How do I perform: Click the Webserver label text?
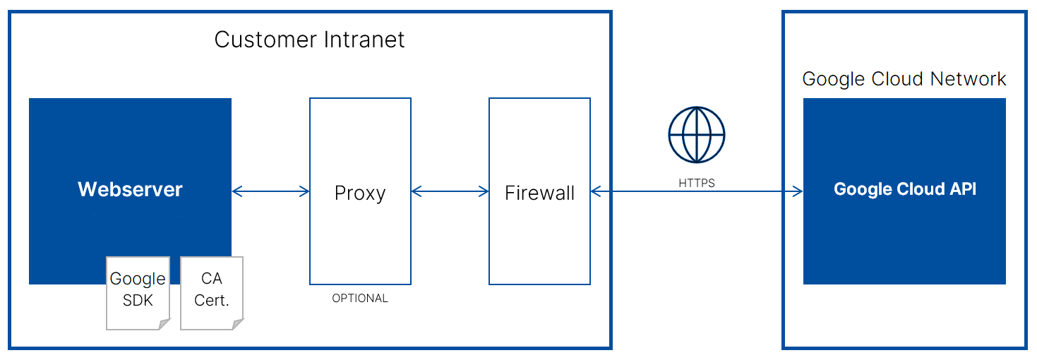[130, 190]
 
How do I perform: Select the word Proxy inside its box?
[360, 193]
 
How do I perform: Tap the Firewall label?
[539, 193]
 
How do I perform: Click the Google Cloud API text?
[904, 190]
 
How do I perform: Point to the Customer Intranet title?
[309, 40]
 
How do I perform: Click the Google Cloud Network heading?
[904, 79]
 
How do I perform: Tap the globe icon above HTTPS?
[696, 134]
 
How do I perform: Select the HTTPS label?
[696, 183]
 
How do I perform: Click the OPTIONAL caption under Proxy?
[360, 299]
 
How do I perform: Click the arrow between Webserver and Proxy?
[270, 191]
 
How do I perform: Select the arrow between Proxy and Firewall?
[450, 191]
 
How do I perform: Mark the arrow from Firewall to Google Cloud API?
[696, 191]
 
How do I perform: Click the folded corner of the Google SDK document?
[164, 324]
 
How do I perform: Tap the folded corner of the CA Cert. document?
[238, 324]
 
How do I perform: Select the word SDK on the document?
[138, 300]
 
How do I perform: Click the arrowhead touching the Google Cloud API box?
[798, 191]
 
